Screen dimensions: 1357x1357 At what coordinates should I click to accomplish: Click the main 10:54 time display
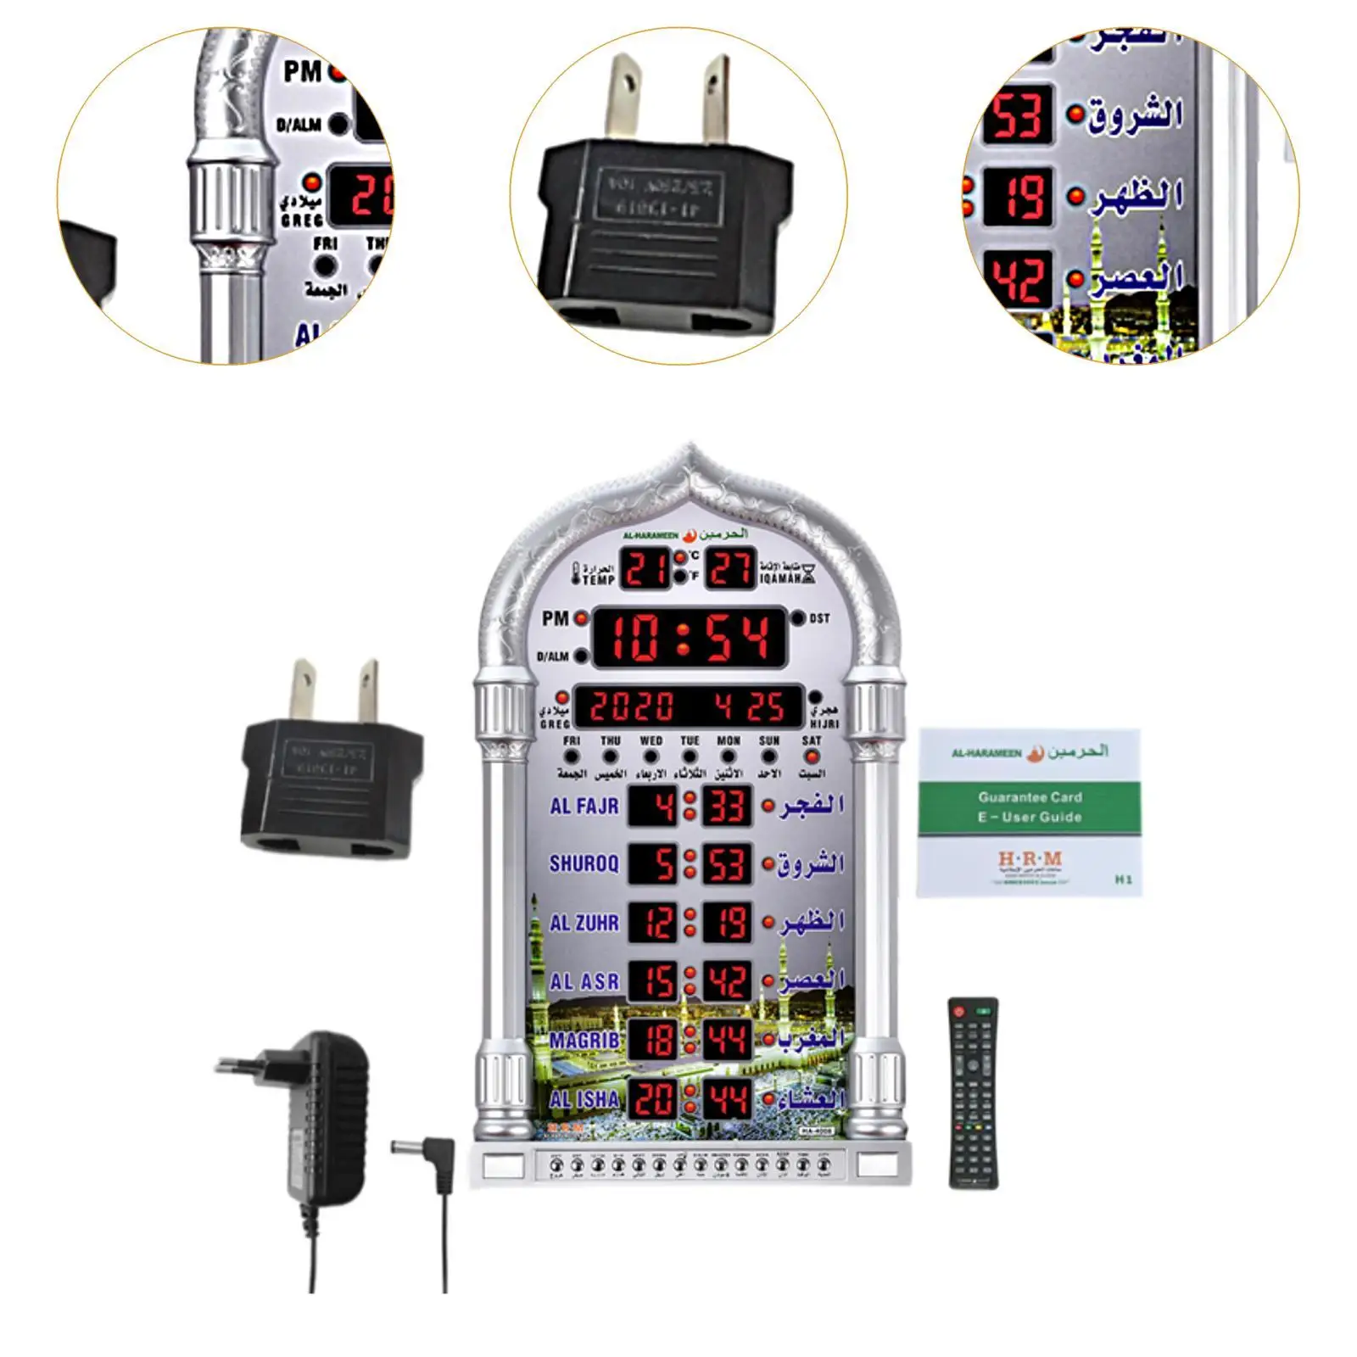click(688, 637)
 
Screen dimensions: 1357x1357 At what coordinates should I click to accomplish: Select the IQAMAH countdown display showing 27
click(731, 569)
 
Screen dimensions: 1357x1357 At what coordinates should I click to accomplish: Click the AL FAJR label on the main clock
click(584, 806)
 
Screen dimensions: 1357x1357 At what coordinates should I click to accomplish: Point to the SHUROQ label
click(584, 863)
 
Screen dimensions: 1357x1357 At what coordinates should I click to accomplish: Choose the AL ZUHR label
click(584, 923)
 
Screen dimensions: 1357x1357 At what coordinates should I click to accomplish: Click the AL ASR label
click(584, 982)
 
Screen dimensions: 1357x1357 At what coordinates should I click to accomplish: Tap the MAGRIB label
click(584, 1041)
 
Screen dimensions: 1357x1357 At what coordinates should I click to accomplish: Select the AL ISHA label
click(584, 1099)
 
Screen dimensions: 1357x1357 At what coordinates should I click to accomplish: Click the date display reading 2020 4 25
click(687, 706)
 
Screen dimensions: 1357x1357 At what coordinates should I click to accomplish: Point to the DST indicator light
click(798, 618)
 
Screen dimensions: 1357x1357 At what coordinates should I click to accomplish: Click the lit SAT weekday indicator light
click(812, 757)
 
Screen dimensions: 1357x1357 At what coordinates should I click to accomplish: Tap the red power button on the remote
click(960, 1011)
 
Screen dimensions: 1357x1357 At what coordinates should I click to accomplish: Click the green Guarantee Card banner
click(1030, 807)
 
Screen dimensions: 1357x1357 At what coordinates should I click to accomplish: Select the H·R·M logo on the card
click(1030, 860)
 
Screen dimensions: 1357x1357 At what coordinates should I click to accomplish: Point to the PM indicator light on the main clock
click(581, 618)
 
